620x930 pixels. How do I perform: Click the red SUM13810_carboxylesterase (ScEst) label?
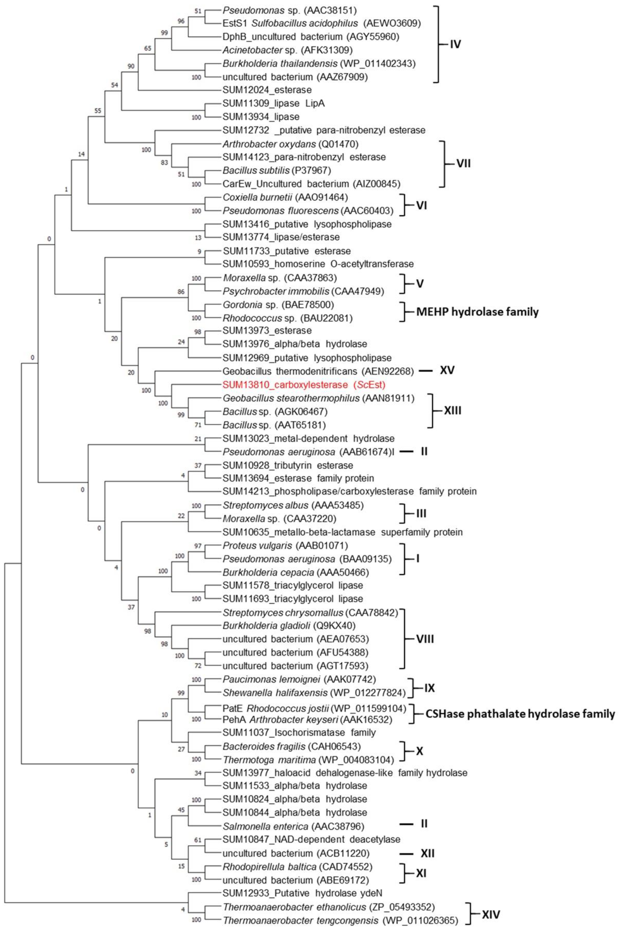pyautogui.click(x=304, y=384)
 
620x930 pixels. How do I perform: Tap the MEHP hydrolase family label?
pyautogui.click(x=477, y=312)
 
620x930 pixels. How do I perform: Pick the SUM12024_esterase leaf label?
pyautogui.click(x=267, y=90)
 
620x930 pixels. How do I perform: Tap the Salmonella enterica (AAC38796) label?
pyautogui.click(x=293, y=826)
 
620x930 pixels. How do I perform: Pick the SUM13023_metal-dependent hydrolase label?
pyautogui.click(x=308, y=439)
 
